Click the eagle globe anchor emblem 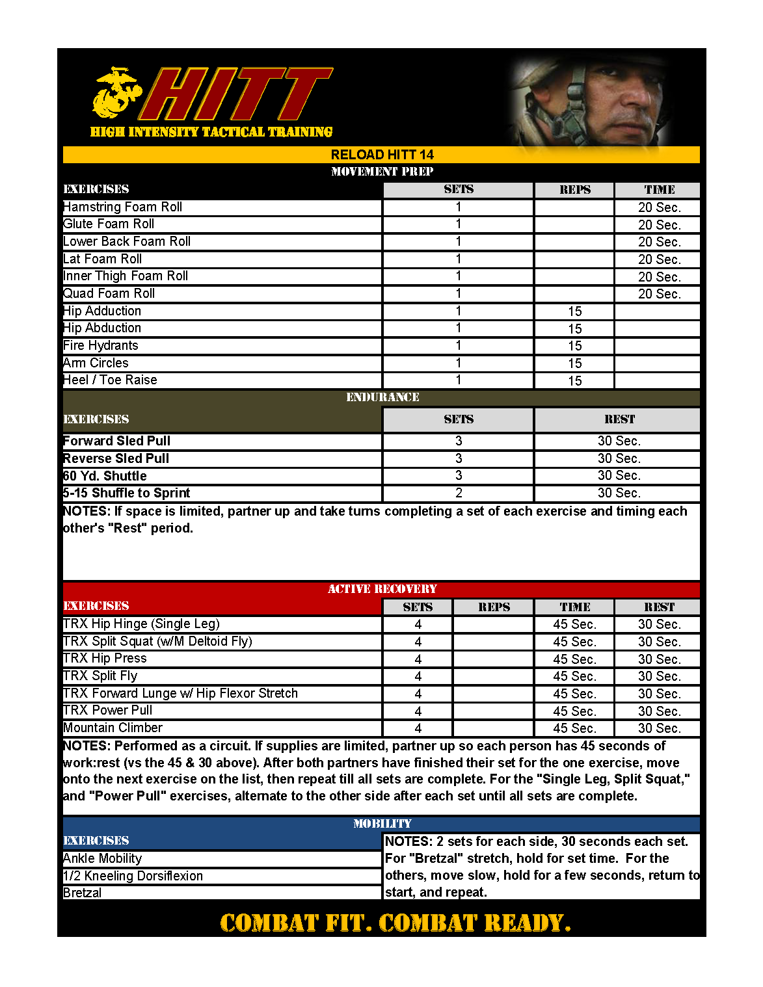pyautogui.click(x=116, y=94)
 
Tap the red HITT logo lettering pyautogui.click(x=237, y=95)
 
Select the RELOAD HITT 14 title pyautogui.click(x=382, y=155)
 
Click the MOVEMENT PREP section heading pyautogui.click(x=382, y=172)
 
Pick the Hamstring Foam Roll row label pyautogui.click(x=123, y=207)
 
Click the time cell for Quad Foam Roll pyautogui.click(x=659, y=294)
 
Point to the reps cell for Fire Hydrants pyautogui.click(x=574, y=346)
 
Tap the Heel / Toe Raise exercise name pyautogui.click(x=111, y=380)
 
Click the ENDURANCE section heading pyautogui.click(x=382, y=397)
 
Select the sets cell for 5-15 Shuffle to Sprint pyautogui.click(x=459, y=493)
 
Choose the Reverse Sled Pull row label pyautogui.click(x=116, y=458)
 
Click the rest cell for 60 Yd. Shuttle pyautogui.click(x=619, y=476)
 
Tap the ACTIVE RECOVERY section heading pyautogui.click(x=382, y=589)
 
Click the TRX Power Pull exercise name pyautogui.click(x=108, y=711)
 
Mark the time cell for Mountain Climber pyautogui.click(x=574, y=728)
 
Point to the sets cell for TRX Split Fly pyautogui.click(x=418, y=676)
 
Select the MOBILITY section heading pyautogui.click(x=382, y=824)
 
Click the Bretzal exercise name pyautogui.click(x=83, y=893)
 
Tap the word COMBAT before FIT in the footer pyautogui.click(x=269, y=923)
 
